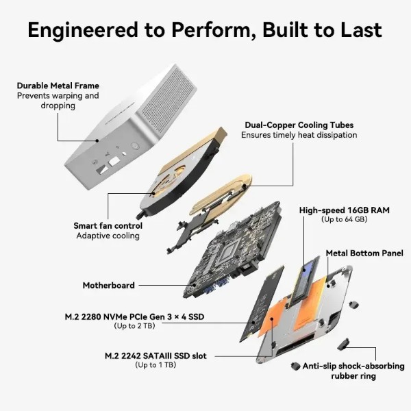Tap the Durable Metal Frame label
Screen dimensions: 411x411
point(58,86)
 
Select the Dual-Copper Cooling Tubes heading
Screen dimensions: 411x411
point(299,125)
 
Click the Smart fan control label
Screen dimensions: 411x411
point(108,225)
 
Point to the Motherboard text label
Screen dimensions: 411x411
point(108,285)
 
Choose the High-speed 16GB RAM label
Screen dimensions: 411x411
point(345,210)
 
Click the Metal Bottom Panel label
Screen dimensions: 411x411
point(364,253)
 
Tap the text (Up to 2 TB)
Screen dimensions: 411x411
point(134,326)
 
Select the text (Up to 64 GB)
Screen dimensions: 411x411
point(345,219)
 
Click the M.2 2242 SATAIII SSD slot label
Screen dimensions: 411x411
point(155,356)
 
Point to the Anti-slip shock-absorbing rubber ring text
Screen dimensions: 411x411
point(353,371)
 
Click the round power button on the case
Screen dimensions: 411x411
point(135,146)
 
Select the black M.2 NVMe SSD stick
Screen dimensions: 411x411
point(262,303)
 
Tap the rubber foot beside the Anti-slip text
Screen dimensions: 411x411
point(295,366)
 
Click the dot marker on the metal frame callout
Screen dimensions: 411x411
point(97,140)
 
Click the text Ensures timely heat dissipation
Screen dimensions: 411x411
point(299,135)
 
